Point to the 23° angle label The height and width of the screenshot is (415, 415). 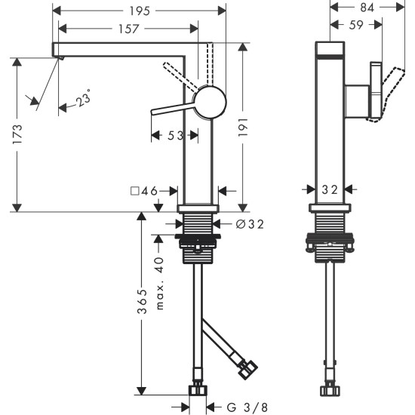[83, 99]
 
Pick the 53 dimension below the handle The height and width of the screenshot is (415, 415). [174, 135]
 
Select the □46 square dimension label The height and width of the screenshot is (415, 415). [143, 192]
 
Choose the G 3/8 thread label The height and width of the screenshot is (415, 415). [246, 407]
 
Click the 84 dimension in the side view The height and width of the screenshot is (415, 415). [365, 8]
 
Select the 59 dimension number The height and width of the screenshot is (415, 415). [355, 25]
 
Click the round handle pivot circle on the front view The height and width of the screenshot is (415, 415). [210, 100]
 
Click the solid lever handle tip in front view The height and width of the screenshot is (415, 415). [154, 112]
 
